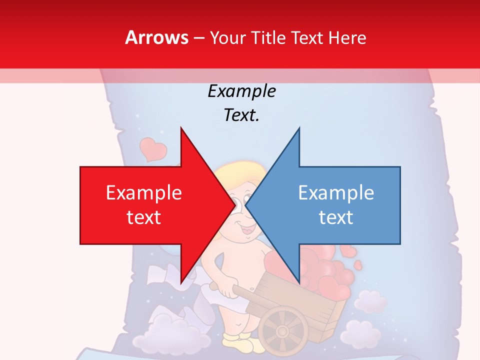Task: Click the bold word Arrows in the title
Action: pyautogui.click(x=157, y=37)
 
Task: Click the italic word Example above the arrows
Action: pyautogui.click(x=241, y=91)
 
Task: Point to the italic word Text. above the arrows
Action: pyautogui.click(x=241, y=115)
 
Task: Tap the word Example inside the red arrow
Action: pyautogui.click(x=144, y=193)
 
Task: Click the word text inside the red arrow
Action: pyautogui.click(x=144, y=217)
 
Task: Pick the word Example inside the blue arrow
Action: pyautogui.click(x=336, y=193)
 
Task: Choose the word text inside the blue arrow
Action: pyautogui.click(x=336, y=217)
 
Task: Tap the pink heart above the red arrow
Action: pyautogui.click(x=152, y=148)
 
